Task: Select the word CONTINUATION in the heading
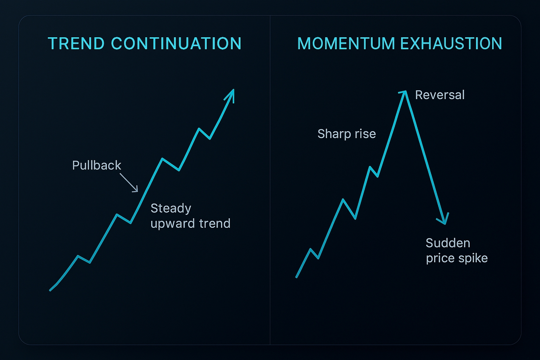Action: point(176,44)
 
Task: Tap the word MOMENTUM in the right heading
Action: point(346,44)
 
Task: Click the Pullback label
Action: point(97,165)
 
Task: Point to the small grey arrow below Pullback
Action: point(129,183)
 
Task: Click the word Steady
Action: point(171,208)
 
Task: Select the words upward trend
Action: point(191,224)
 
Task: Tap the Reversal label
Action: point(440,95)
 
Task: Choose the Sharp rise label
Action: point(347,134)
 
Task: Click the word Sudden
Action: point(448,243)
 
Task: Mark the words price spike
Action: point(457,258)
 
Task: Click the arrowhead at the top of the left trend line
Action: point(231,95)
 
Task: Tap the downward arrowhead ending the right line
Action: point(444,219)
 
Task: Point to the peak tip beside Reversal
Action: point(405,91)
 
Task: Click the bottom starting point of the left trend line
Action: point(50,290)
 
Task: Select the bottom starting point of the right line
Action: point(296,277)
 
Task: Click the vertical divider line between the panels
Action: point(270,180)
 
